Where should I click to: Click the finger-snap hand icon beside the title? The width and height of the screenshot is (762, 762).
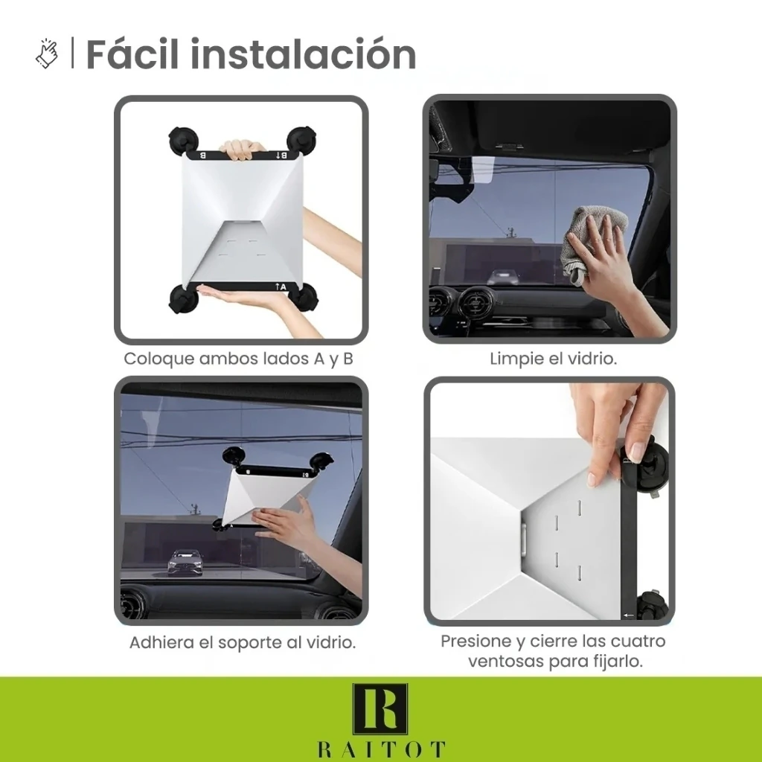tap(47, 54)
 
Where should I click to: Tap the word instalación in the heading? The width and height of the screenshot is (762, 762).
tap(304, 54)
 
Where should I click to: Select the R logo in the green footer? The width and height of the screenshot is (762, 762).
tap(380, 709)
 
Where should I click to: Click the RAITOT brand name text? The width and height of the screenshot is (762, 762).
tap(382, 749)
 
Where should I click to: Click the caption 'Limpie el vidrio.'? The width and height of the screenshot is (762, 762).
tap(553, 359)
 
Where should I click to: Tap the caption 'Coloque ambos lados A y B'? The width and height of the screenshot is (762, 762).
tap(238, 359)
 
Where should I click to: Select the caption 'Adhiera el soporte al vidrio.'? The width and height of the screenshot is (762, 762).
tap(243, 642)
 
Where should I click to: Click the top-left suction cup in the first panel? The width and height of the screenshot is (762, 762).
tap(183, 141)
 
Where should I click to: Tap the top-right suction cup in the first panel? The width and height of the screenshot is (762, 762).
tap(302, 141)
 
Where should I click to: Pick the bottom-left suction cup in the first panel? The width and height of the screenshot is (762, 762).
tap(184, 299)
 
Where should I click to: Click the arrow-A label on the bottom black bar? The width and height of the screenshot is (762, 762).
tap(281, 286)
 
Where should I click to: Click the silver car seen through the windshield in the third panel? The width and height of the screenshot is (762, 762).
tap(185, 563)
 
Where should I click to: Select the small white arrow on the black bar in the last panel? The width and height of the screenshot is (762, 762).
tap(628, 615)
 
